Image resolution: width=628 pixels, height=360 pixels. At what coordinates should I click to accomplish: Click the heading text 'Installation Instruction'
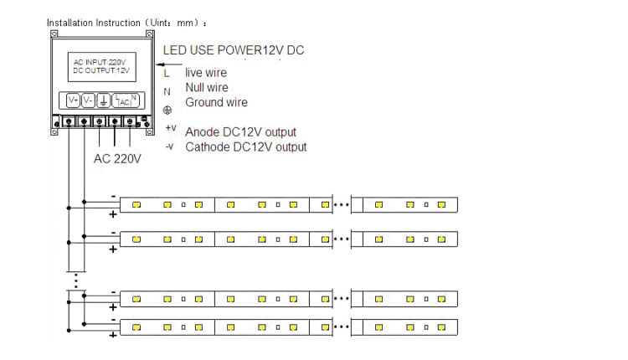tap(94, 23)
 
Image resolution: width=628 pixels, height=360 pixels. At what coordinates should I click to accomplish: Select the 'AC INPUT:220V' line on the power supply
tap(100, 62)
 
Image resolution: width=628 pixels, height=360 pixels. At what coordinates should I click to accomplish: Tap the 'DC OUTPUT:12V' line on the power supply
tap(101, 70)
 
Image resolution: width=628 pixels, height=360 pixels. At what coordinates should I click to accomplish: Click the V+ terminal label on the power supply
tap(74, 100)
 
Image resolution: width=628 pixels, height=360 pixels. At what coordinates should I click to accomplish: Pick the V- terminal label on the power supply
tap(88, 100)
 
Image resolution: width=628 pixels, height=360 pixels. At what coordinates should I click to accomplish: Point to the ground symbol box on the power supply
tap(103, 100)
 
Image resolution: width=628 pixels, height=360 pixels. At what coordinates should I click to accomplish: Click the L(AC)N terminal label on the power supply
tap(126, 100)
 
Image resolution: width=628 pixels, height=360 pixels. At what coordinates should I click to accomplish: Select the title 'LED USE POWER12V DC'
tap(234, 50)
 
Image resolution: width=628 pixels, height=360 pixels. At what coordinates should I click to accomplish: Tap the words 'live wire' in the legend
tap(206, 73)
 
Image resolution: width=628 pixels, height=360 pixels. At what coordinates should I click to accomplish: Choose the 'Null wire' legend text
tap(207, 87)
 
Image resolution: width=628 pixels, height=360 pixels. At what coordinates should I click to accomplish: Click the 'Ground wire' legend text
tap(216, 102)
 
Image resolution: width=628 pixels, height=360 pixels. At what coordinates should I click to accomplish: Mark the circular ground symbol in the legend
tap(167, 110)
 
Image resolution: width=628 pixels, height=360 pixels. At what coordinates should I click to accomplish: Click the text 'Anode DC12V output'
tap(240, 131)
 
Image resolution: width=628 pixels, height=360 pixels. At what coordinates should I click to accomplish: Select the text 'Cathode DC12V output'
tap(246, 147)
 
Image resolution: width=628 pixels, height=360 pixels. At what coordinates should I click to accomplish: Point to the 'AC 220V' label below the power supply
tap(117, 158)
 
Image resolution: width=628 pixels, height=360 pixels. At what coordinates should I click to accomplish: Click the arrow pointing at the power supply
tap(169, 64)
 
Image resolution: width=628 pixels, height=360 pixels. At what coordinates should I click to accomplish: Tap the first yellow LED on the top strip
tap(136, 204)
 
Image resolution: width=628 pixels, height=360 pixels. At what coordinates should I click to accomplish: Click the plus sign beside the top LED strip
tap(113, 214)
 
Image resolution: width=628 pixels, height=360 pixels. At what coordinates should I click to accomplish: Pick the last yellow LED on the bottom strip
tap(441, 327)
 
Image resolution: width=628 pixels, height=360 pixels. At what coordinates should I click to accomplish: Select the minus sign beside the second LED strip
tap(113, 233)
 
